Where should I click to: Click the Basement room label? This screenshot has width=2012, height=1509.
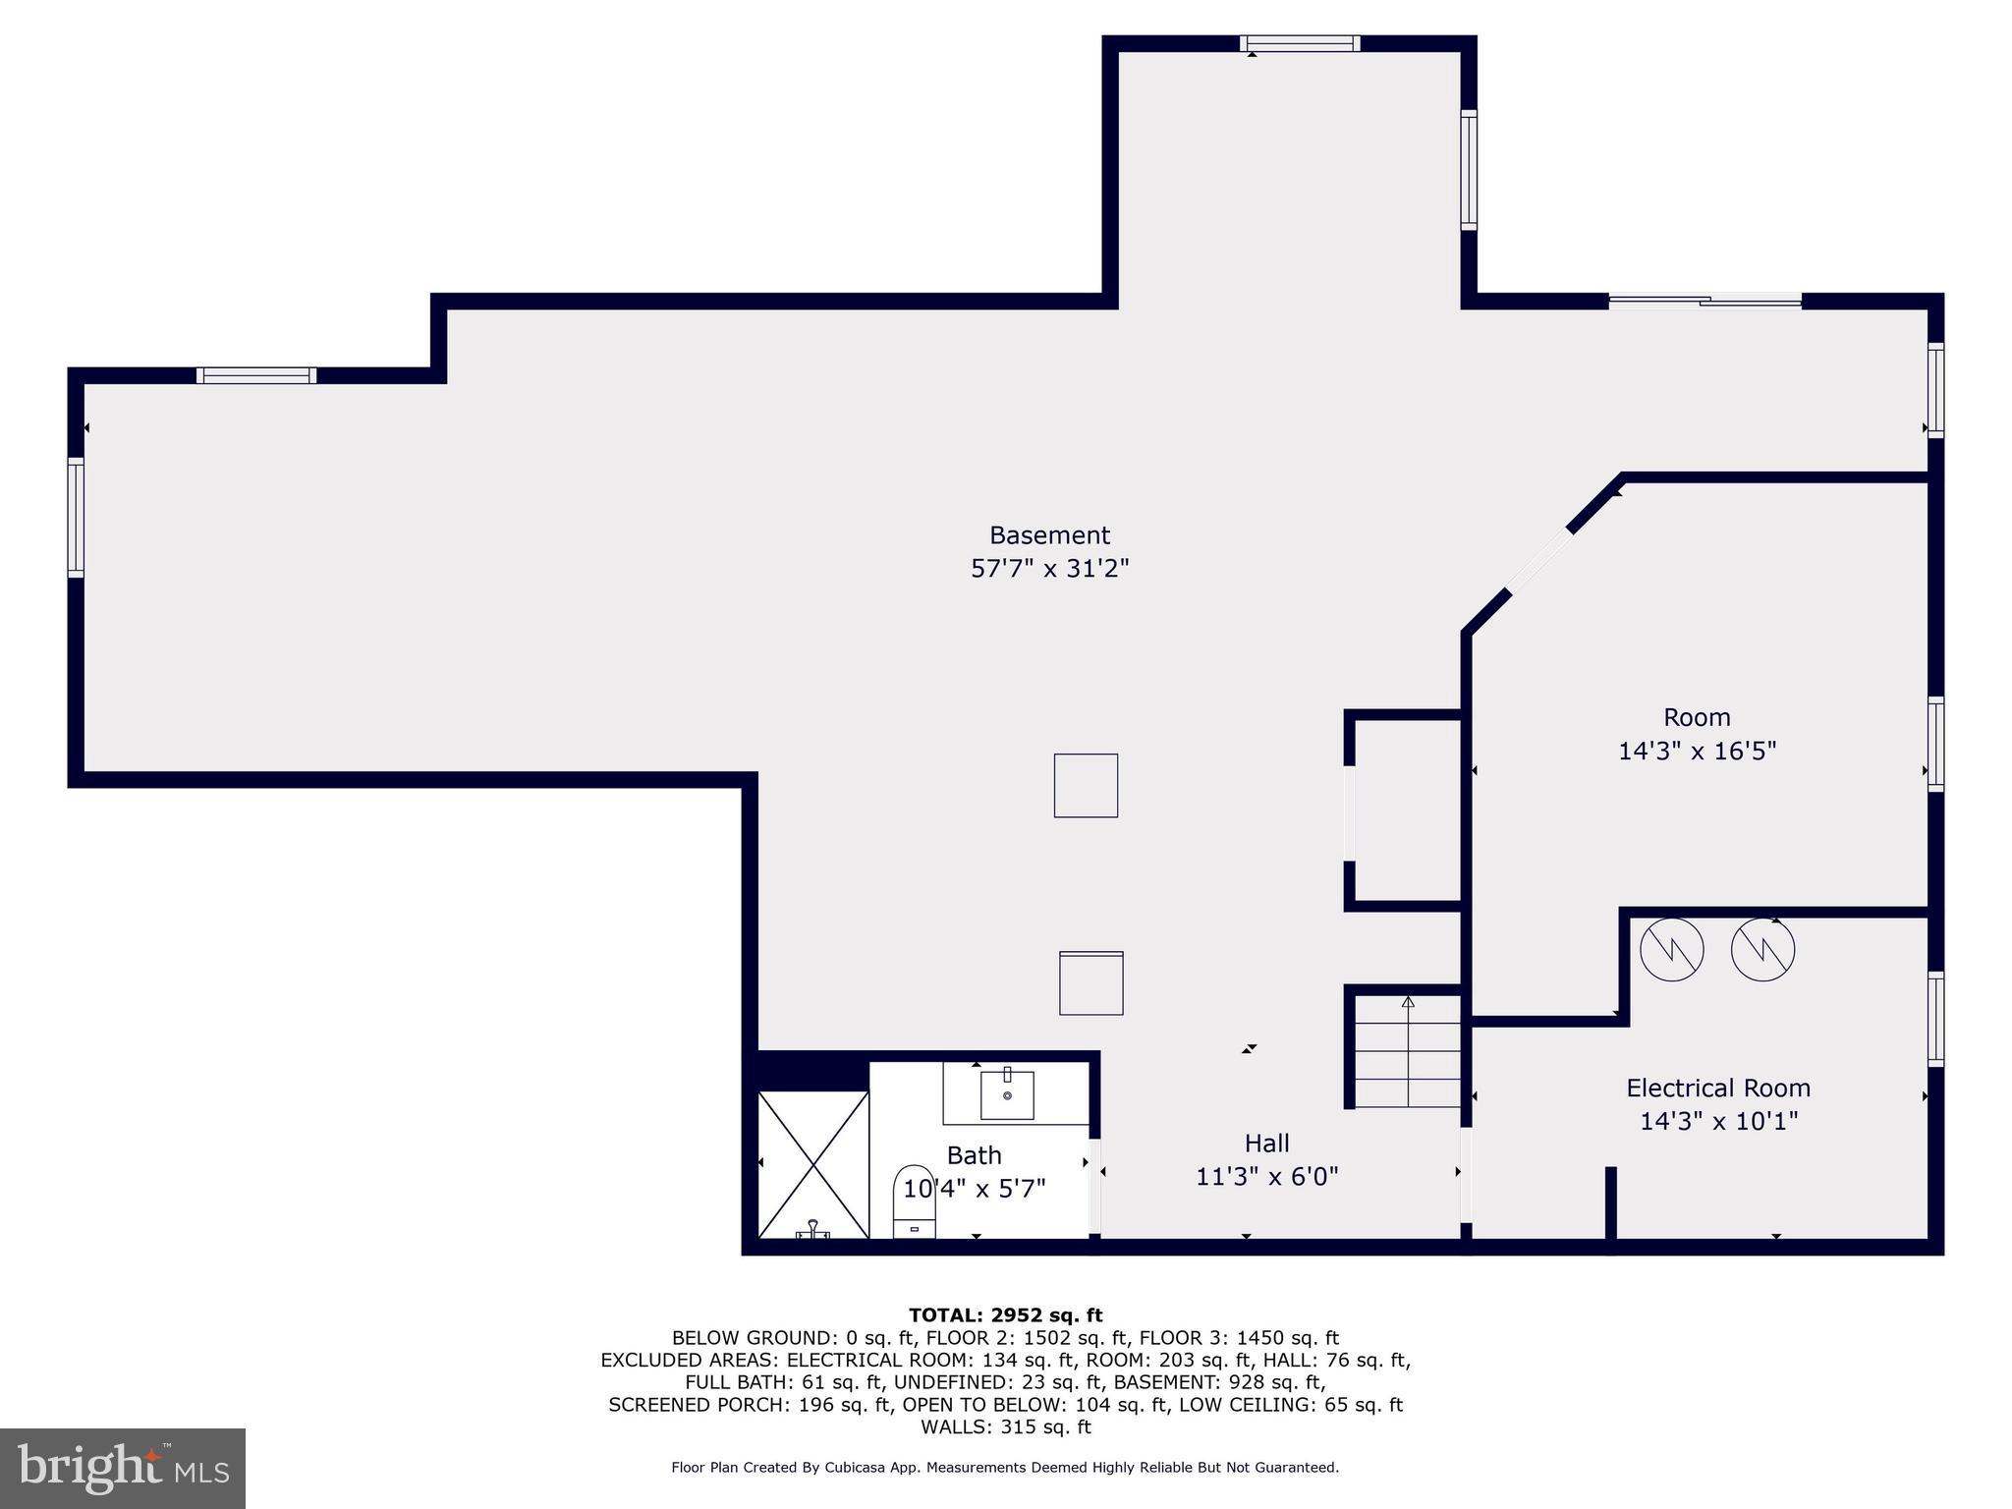(x=1049, y=535)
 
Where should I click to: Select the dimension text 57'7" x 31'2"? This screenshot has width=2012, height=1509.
(x=1049, y=569)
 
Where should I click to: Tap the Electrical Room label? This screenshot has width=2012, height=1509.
(x=1718, y=1088)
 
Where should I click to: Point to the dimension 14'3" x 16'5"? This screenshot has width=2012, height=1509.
(x=1697, y=752)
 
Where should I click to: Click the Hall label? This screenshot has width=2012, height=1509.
(x=1266, y=1143)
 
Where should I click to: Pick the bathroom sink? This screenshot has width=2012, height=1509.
(x=1007, y=1094)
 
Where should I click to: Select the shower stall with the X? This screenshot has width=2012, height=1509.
(x=813, y=1164)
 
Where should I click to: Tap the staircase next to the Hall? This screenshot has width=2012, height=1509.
(x=1409, y=1051)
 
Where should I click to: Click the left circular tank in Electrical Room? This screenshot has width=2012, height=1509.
(x=1672, y=949)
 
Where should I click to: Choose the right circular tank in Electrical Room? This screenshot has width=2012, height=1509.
(x=1762, y=949)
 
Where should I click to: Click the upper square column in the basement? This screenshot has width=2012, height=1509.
(x=1086, y=785)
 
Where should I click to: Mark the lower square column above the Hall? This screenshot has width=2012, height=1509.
(x=1090, y=982)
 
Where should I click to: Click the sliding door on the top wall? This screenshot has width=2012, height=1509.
(x=1705, y=301)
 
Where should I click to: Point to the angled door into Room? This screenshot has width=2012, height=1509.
(x=1539, y=562)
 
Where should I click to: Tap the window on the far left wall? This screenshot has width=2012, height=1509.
(x=76, y=517)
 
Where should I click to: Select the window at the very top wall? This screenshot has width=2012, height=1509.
(x=1300, y=43)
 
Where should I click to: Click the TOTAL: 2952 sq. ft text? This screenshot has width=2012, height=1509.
(x=1005, y=1315)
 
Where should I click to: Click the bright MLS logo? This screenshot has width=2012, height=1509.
(x=123, y=1468)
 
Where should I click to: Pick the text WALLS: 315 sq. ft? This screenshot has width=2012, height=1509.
(x=1005, y=1426)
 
